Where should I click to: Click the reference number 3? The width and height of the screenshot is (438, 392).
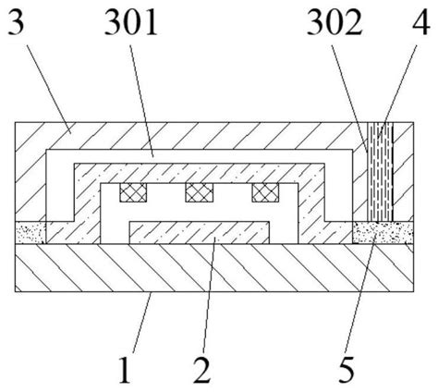[15, 22]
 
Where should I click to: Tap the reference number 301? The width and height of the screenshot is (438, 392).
[131, 22]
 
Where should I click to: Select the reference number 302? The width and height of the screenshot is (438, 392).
[335, 22]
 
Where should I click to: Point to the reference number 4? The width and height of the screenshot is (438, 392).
[421, 22]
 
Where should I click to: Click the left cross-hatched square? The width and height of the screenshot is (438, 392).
[133, 192]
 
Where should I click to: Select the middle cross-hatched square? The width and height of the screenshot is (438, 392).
[199, 192]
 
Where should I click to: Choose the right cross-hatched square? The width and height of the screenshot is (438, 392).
[265, 192]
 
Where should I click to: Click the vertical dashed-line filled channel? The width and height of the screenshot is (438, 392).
[381, 171]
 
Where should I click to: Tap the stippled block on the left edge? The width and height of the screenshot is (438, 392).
[30, 232]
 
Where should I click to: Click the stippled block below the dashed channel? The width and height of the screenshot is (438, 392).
[383, 232]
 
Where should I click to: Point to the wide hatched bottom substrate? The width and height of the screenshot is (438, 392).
[214, 267]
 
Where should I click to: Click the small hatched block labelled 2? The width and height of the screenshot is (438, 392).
[200, 233]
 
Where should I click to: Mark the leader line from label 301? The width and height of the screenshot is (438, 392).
[141, 101]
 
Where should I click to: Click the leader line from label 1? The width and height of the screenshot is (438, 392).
[142, 324]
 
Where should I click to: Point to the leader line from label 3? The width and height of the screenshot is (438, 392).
[49, 90]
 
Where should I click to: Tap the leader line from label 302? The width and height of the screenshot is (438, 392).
[349, 99]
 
